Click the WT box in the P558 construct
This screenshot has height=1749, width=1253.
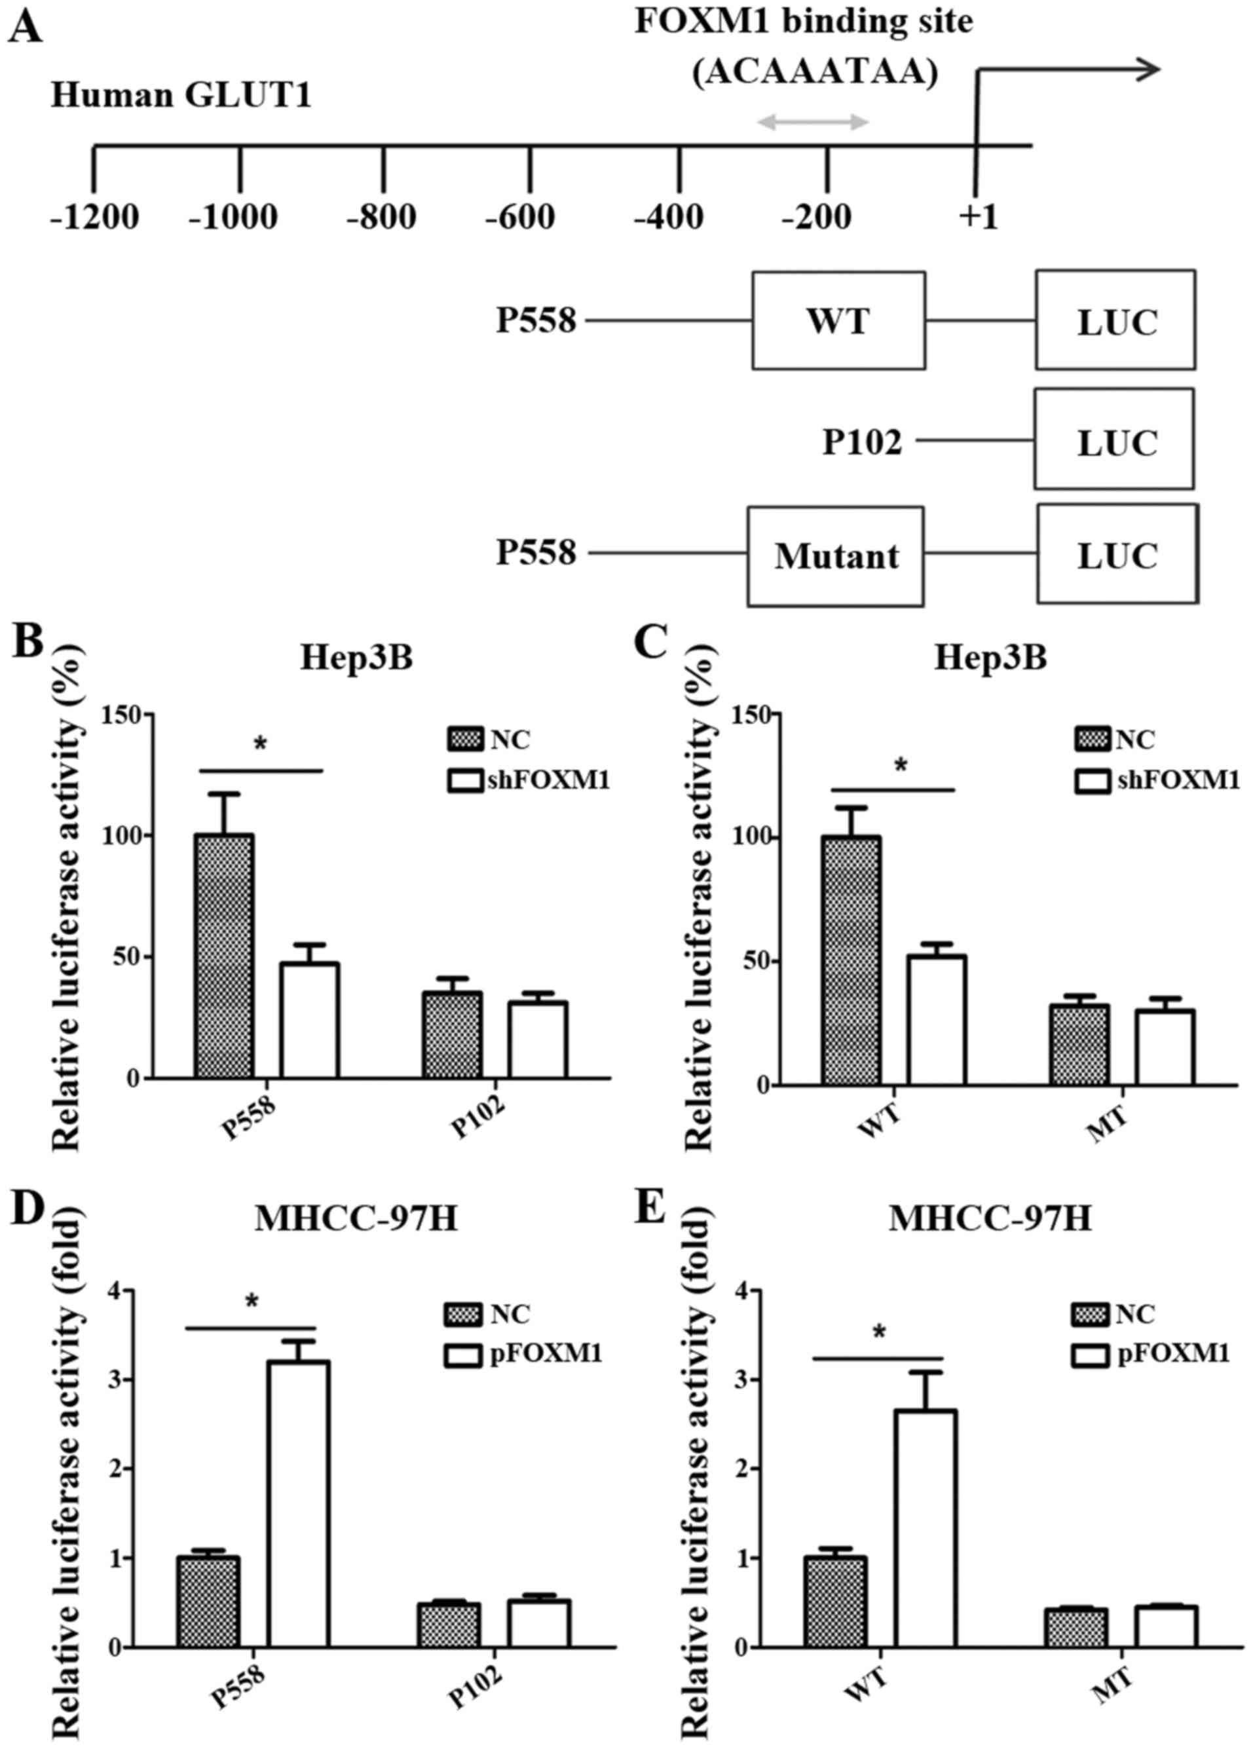point(838,320)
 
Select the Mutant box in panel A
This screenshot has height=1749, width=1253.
point(835,556)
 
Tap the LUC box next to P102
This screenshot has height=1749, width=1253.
point(1114,439)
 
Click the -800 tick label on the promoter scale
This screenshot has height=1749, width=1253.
point(382,217)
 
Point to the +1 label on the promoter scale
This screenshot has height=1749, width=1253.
point(978,217)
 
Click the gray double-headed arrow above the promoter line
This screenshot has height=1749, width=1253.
point(814,122)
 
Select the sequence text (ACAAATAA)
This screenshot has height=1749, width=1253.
point(815,74)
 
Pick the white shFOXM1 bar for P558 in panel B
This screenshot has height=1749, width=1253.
point(309,1019)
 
